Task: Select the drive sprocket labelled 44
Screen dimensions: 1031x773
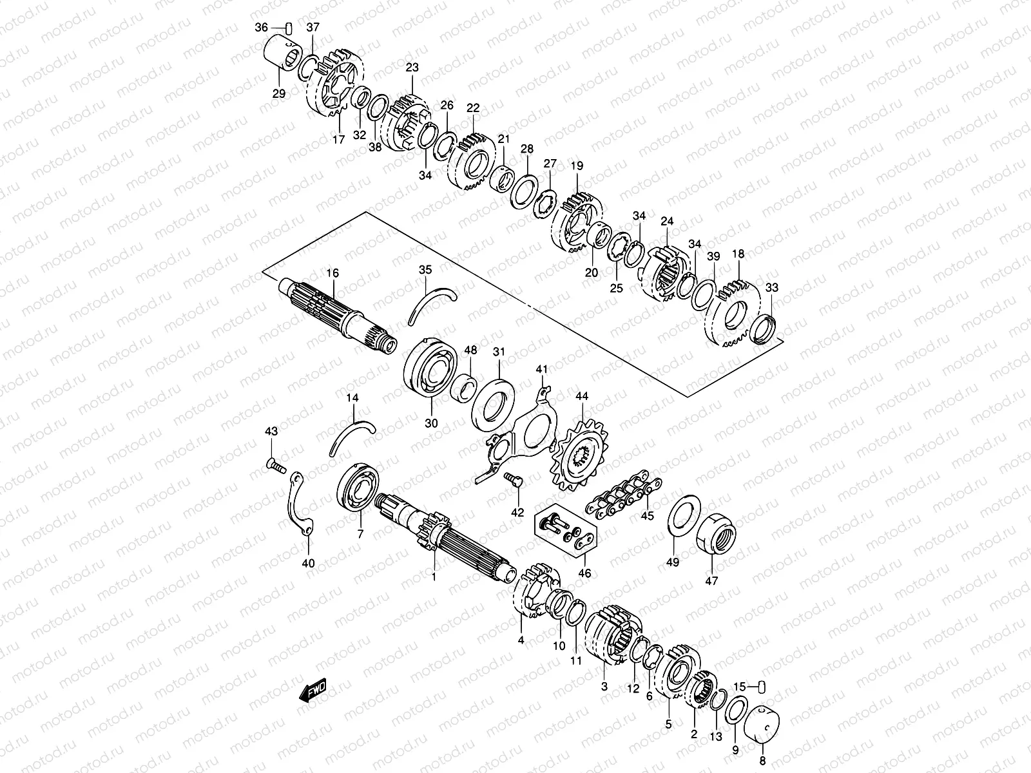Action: [579, 455]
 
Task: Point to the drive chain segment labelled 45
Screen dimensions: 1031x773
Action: [624, 497]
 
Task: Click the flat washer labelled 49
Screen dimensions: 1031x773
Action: [684, 517]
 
